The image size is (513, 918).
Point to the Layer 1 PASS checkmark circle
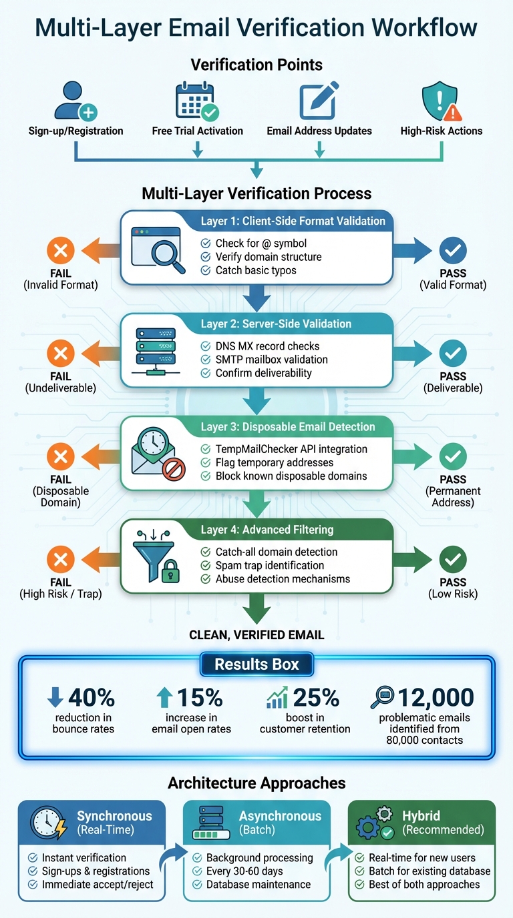point(453,250)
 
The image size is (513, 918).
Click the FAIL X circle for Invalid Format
point(60,250)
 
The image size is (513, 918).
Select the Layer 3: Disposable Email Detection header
point(288,427)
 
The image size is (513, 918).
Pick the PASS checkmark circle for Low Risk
point(453,560)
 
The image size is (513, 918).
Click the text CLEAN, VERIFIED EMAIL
point(256,634)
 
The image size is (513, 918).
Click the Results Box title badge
point(256,664)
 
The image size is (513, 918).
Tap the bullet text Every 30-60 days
point(244,871)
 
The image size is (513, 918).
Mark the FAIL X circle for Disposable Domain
point(60,456)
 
